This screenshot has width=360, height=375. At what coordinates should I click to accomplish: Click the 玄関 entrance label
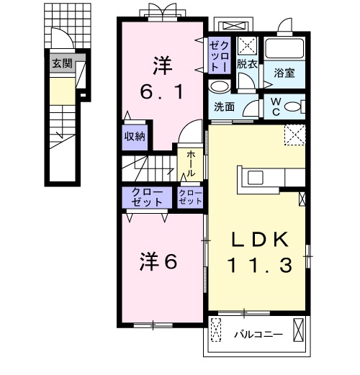point(62,63)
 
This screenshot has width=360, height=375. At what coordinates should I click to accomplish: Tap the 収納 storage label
point(135,137)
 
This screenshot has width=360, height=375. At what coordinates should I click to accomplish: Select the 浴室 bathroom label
point(284,73)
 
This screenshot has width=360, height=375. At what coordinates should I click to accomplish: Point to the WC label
point(276,107)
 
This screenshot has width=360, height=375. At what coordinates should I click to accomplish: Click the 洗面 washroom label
point(224,107)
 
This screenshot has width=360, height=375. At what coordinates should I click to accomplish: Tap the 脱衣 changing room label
point(247,64)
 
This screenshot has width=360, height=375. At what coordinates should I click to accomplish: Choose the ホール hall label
point(191,163)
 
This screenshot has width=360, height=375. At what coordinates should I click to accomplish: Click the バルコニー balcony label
point(258,334)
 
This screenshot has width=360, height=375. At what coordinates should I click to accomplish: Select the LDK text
point(260,240)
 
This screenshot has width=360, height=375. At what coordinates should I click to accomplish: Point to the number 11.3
point(261,265)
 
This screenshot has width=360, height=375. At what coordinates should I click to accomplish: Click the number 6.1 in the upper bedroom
point(162,91)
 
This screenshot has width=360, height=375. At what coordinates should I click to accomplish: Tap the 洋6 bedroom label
point(158,261)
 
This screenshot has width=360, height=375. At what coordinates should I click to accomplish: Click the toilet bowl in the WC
point(292,107)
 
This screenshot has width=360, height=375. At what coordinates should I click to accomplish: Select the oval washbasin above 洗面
point(219,87)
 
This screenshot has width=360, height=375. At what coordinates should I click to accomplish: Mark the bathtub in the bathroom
point(284,48)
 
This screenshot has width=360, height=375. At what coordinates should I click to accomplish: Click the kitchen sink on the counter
point(256,178)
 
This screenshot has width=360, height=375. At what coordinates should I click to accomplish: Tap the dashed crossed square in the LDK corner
point(294,135)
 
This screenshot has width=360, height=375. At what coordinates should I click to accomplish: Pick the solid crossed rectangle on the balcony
point(298,330)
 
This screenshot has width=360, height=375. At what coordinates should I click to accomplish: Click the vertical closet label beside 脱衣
point(219,56)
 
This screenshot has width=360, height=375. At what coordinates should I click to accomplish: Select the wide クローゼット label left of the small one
point(147,197)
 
